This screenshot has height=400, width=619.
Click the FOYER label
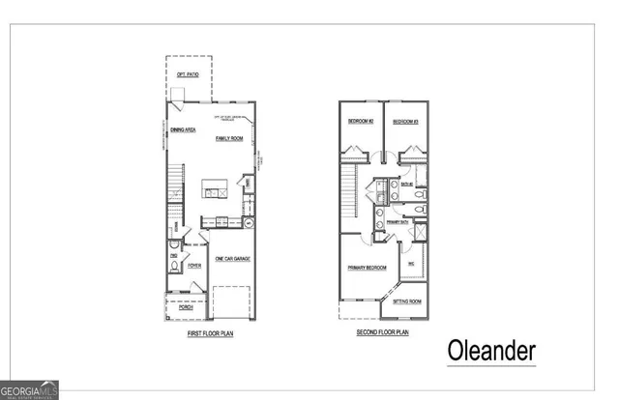[x=194, y=264]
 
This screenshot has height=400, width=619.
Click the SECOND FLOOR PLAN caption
[x=382, y=332]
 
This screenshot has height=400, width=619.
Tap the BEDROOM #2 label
[x=361, y=122]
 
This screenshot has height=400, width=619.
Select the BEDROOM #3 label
[x=404, y=122]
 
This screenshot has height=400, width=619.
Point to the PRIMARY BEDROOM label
[x=368, y=267]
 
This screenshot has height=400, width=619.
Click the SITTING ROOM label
[x=407, y=301]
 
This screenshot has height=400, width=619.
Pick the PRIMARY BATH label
[x=398, y=222]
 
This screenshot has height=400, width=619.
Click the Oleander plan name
[x=490, y=349]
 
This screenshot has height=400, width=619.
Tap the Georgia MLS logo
[x=29, y=389]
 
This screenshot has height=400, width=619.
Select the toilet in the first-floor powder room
[x=174, y=267]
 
